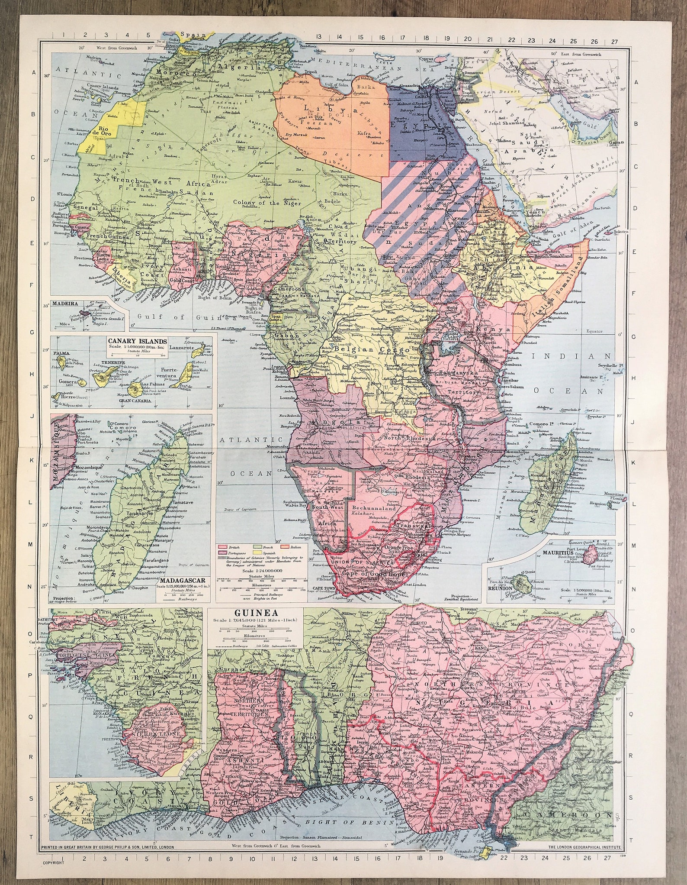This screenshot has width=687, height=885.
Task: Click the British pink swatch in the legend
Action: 224,547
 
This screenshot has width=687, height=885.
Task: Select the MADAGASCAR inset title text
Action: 181,581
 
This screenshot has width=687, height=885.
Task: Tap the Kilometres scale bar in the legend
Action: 258,589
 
